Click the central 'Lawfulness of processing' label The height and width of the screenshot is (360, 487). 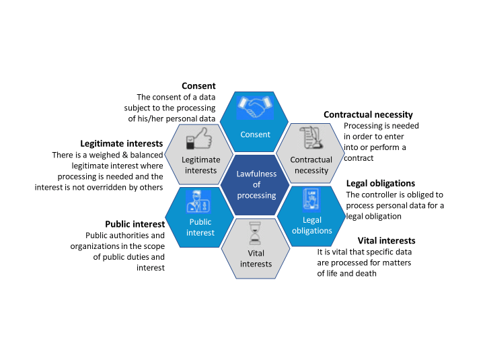pyautogui.click(x=256, y=184)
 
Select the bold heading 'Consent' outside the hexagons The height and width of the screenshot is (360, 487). pyautogui.click(x=198, y=86)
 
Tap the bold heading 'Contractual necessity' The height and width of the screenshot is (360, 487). pyautogui.click(x=368, y=115)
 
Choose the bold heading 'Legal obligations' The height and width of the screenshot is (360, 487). pyautogui.click(x=380, y=183)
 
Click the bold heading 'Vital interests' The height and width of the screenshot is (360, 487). pyautogui.click(x=386, y=240)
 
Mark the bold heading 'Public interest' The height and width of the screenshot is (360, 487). pyautogui.click(x=135, y=224)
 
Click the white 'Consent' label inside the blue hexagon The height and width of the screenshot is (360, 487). pyautogui.click(x=256, y=134)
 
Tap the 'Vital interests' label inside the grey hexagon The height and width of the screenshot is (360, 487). pyautogui.click(x=256, y=258)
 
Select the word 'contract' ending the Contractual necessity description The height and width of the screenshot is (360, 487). pyautogui.click(x=359, y=158)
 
